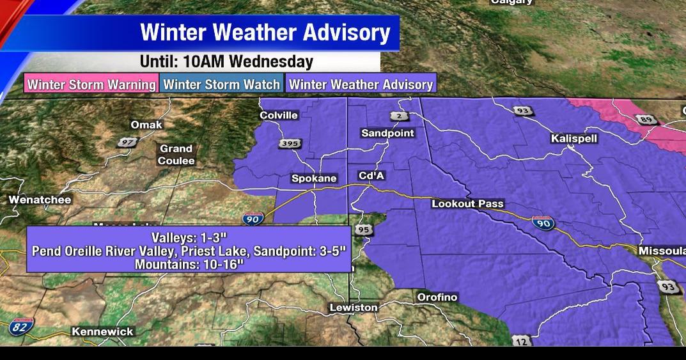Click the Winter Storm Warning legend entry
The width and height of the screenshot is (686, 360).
[x=91, y=84]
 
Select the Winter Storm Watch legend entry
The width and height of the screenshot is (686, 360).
[x=221, y=84]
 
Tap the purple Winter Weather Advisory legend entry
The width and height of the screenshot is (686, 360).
[x=361, y=84]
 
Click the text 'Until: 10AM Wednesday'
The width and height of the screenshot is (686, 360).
[x=226, y=62]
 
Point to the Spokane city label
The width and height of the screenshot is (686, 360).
[x=314, y=178]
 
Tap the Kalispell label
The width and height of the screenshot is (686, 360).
[x=573, y=138]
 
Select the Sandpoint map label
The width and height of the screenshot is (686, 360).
[x=387, y=133]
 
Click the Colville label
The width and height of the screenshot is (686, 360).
[x=279, y=115]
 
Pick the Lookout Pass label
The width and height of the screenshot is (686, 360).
[x=463, y=203]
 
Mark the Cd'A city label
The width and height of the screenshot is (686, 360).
[x=371, y=176]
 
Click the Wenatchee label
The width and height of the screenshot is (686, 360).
[x=40, y=200]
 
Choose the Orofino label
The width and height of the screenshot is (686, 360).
[x=437, y=297]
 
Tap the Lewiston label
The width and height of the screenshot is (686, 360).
[x=354, y=308]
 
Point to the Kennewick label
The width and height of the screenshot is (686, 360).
[x=102, y=331]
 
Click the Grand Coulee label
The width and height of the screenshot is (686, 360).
[x=176, y=155]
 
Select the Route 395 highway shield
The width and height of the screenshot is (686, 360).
[x=290, y=144]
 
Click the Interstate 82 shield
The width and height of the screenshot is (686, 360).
[x=20, y=327]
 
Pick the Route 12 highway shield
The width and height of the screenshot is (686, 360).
[x=521, y=341]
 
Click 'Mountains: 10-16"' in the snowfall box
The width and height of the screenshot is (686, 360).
[x=189, y=263]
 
